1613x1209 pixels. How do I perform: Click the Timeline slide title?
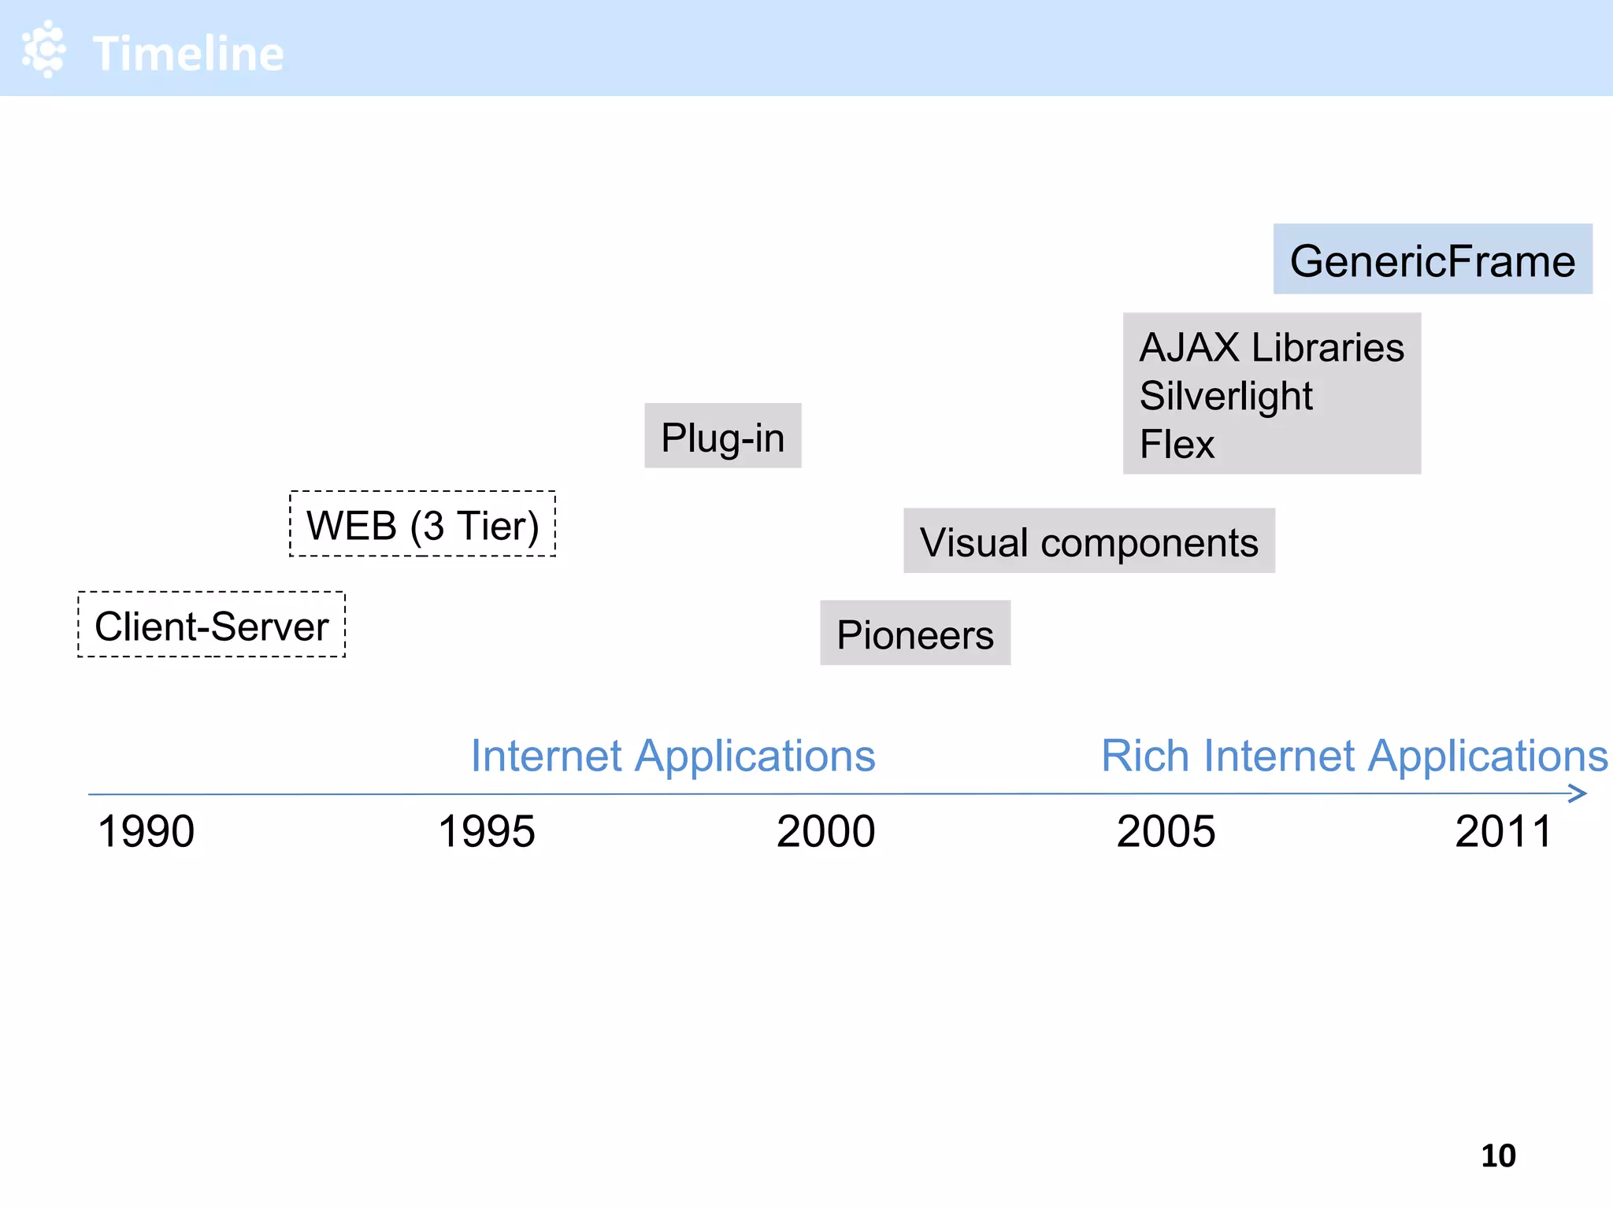click(x=187, y=54)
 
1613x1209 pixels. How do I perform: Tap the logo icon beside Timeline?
click(x=44, y=49)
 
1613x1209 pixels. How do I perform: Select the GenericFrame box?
click(x=1432, y=260)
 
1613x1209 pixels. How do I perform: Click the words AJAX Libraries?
click(x=1271, y=348)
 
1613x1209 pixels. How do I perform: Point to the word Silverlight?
click(x=1226, y=396)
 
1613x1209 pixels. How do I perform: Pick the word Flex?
click(x=1177, y=445)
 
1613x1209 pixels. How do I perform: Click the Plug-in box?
click(x=722, y=436)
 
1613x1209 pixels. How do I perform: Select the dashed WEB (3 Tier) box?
click(x=422, y=524)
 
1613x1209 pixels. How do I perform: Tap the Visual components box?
click(x=1088, y=542)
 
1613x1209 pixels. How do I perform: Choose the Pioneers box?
click(x=915, y=634)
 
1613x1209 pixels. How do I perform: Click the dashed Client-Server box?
click(x=211, y=625)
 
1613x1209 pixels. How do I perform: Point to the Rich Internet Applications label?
click(x=1354, y=756)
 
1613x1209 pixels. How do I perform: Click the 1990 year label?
click(x=146, y=831)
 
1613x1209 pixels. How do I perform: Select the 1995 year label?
click(x=486, y=831)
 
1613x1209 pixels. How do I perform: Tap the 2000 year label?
click(x=825, y=831)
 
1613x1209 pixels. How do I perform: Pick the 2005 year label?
click(x=1166, y=831)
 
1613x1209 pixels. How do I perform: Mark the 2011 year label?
click(x=1504, y=831)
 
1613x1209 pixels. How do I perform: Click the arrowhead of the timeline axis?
click(x=1578, y=793)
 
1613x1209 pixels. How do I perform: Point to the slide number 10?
click(x=1498, y=1155)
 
